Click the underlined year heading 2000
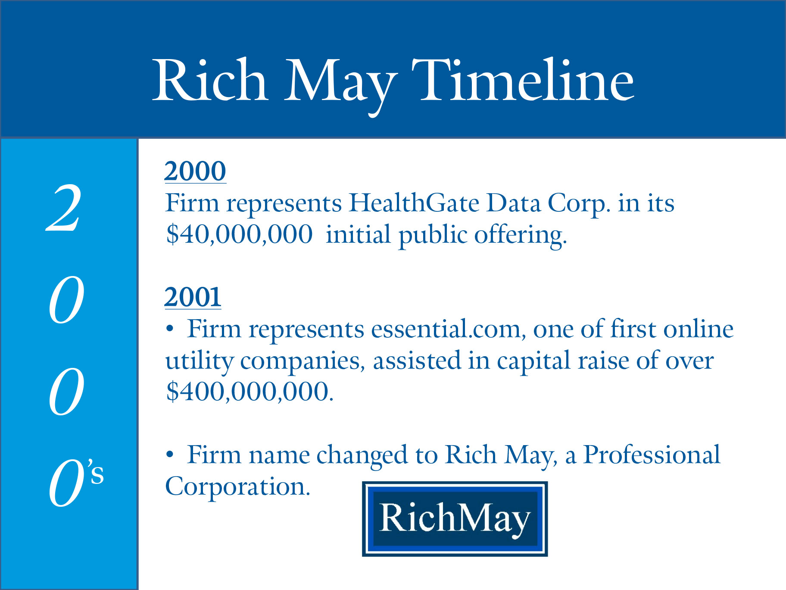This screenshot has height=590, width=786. tap(195, 171)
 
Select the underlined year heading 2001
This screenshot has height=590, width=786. tap(193, 297)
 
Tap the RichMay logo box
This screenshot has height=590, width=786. tap(455, 519)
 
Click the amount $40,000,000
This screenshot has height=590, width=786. tap(239, 235)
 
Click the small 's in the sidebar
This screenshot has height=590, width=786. tap(96, 471)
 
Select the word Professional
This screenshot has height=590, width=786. tap(652, 455)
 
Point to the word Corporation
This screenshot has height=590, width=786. tap(237, 486)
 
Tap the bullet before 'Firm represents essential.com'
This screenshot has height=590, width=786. tap(170, 329)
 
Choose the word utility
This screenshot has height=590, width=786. tap(199, 361)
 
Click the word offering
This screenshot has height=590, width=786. tap(521, 235)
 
